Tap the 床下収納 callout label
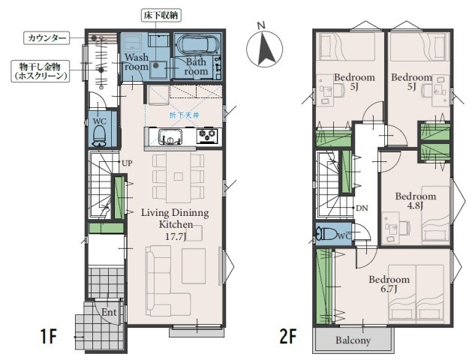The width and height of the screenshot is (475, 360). point(161,16)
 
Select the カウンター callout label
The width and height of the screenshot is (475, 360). point(47,37)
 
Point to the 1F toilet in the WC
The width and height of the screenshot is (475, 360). point(99,136)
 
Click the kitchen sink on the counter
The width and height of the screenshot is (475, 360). point(170,136)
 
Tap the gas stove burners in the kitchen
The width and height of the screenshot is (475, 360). point(207,135)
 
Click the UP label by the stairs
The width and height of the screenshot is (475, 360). point(127,163)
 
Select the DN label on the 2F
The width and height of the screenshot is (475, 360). point(362,208)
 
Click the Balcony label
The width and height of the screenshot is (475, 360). point(353,340)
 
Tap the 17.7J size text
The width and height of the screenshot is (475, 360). point(176,236)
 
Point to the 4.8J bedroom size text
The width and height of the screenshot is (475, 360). point(415,206)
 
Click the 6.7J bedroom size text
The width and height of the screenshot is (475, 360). point(389,289)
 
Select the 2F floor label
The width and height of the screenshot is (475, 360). point(288,337)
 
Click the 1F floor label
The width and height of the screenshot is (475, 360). point(48,337)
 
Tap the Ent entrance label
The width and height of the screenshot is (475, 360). point(109,312)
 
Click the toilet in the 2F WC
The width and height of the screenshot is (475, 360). point(326,235)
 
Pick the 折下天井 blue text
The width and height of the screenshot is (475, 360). point(184,115)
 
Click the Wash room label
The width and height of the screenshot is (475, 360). point(137,61)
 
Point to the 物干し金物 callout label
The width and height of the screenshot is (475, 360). point(40,70)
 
